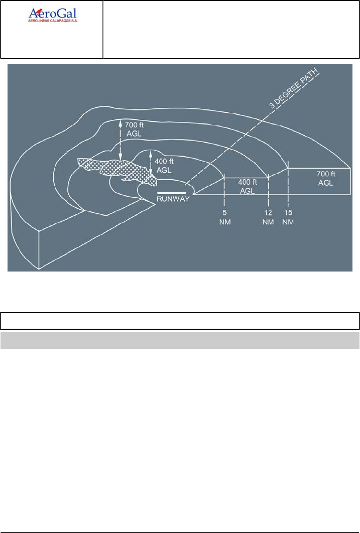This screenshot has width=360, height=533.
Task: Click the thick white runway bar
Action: click(x=171, y=193)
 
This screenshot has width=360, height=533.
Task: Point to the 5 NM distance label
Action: click(x=224, y=219)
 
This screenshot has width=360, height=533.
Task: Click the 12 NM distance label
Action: click(x=269, y=219)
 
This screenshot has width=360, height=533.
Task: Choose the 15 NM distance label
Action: click(x=288, y=219)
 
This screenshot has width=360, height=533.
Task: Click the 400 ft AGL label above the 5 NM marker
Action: click(x=247, y=186)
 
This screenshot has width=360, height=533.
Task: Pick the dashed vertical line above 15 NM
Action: click(x=288, y=186)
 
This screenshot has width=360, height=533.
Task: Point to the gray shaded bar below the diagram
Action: click(x=180, y=340)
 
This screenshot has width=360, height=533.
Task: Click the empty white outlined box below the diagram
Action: click(x=180, y=321)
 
